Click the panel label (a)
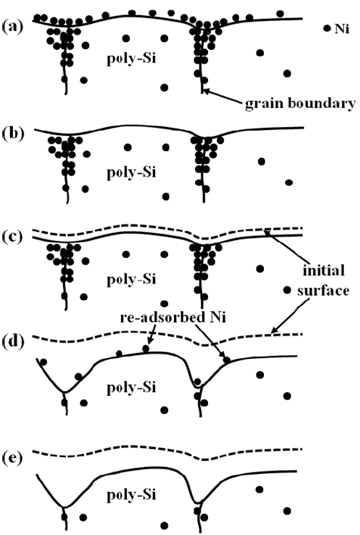13,26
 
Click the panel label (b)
13,134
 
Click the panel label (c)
13,237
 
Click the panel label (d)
13,342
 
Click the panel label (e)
13,458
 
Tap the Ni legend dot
327,28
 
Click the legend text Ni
342,29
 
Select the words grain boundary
300,104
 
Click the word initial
324,271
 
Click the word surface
323,291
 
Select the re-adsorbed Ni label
173,317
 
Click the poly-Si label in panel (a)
132,59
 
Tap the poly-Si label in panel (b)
132,172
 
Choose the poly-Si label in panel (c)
132,279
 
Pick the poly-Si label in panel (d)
132,388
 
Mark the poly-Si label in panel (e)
132,494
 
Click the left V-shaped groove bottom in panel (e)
64,507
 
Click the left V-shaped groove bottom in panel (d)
64,392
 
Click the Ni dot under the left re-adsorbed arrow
146,348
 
